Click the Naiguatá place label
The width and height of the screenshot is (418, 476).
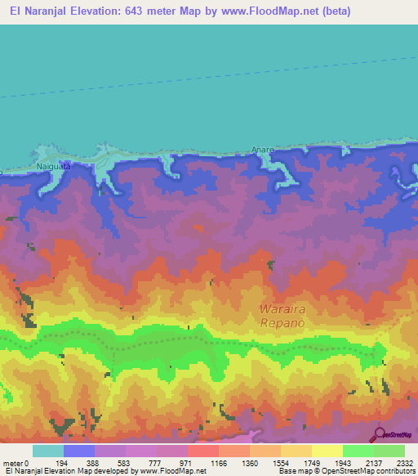55,166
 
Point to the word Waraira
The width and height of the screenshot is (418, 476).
282,309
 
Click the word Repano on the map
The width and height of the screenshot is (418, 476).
282,324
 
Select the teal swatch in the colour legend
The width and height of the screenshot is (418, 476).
47,451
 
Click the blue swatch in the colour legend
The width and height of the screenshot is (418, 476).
79,451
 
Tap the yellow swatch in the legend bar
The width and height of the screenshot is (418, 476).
326,451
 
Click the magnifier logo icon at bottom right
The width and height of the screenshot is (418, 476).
377,434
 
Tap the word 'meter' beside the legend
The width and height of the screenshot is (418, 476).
12,463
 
